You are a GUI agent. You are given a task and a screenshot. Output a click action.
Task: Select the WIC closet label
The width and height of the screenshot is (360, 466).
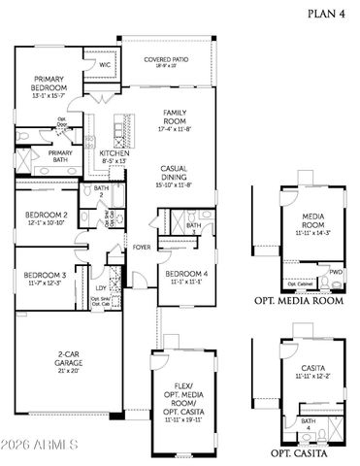point(105,65)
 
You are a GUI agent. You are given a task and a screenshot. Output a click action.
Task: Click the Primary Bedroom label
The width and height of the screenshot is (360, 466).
point(49,85)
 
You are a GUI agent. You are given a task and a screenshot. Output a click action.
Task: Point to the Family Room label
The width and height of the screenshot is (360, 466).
point(175,117)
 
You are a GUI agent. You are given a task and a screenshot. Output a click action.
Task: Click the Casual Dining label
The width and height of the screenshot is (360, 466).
point(175,174)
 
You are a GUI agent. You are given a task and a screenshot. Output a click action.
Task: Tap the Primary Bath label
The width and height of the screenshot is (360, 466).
point(61,154)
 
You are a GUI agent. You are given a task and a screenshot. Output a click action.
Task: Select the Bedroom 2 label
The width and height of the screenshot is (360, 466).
point(46,218)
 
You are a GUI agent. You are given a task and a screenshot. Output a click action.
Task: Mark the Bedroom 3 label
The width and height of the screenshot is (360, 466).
point(45,277)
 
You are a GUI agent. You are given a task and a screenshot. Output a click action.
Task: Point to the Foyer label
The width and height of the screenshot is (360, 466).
point(142,247)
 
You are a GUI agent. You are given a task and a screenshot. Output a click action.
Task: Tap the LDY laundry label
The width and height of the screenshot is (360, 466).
point(101,287)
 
